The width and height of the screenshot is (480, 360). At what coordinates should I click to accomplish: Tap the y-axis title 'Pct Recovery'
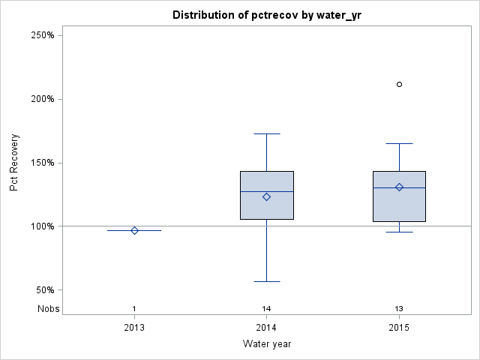click(14, 162)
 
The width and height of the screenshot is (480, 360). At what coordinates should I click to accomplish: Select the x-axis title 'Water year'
click(267, 344)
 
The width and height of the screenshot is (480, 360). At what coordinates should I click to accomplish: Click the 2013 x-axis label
click(134, 328)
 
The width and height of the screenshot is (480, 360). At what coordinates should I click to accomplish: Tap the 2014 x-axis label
click(267, 328)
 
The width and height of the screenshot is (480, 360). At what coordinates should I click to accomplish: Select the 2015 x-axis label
click(399, 328)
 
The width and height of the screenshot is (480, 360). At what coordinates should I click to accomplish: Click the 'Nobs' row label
click(48, 309)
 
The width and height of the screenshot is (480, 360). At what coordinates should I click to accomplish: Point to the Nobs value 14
click(267, 309)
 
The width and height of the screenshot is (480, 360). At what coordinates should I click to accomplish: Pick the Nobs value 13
click(399, 309)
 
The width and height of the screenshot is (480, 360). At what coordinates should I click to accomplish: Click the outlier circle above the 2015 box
click(399, 84)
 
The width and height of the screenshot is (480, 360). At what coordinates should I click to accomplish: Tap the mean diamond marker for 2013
click(134, 230)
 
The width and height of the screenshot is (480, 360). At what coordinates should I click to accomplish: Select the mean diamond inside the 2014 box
click(266, 196)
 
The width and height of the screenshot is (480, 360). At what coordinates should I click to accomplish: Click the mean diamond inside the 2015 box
click(399, 187)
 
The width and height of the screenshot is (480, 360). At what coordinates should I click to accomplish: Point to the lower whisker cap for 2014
click(267, 281)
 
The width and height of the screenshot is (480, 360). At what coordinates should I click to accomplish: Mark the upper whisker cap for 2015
click(399, 143)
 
